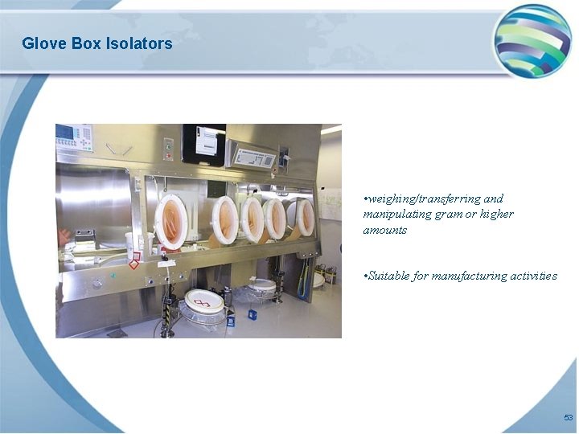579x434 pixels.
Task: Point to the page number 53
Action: pos(568,418)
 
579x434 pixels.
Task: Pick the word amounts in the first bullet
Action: pos(384,230)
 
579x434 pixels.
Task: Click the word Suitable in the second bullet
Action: pos(387,276)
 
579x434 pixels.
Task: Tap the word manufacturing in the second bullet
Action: pos(470,276)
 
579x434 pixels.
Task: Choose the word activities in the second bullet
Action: pos(534,276)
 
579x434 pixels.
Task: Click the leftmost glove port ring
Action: pos(171,221)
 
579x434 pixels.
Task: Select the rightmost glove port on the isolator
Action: pos(305,217)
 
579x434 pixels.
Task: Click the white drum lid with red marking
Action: pos(205,301)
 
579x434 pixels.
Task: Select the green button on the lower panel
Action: pos(113,276)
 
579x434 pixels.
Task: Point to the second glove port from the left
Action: pos(225,219)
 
